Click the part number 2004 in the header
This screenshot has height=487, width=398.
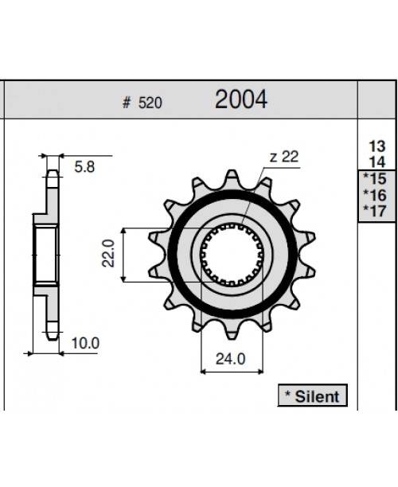click(240, 99)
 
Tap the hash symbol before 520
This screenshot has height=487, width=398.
click(127, 103)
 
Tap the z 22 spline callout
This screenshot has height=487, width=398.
click(283, 157)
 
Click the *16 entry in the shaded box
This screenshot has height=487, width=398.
click(374, 194)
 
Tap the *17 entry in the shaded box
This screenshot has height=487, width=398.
click(374, 210)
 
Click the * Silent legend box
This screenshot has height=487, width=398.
click(312, 395)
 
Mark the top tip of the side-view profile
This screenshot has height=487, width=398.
click(52, 160)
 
